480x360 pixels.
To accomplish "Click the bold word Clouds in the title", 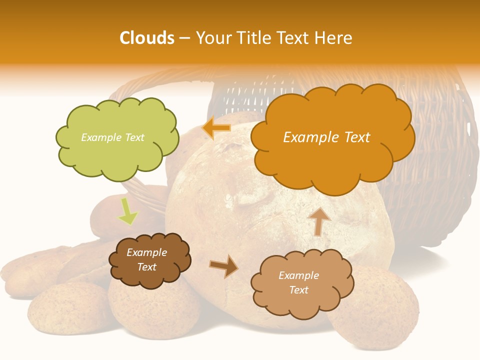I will coord(147,38).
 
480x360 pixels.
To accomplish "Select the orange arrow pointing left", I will coord(216,128).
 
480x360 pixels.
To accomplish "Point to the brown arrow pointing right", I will coord(224,266).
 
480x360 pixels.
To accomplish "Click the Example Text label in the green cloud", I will coord(112,137).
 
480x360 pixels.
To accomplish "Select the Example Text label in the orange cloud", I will coord(326,137).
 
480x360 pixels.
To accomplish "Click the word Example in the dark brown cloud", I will coord(146,252).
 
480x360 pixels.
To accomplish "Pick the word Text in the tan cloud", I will coord(298,290).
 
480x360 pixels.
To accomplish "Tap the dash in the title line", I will coord(184,38).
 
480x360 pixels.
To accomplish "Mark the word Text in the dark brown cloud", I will coord(146,267).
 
